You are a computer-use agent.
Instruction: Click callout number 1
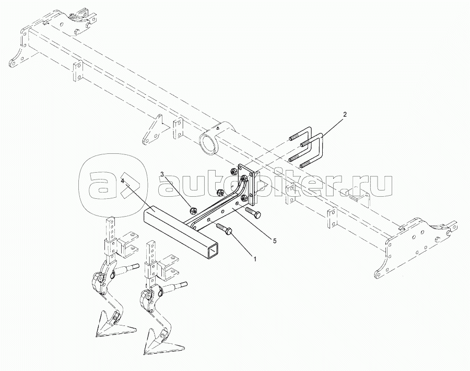click(x=254, y=258)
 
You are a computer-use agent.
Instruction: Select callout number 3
click(x=162, y=174)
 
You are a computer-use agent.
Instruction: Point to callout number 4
click(x=123, y=181)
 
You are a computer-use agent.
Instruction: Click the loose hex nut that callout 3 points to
click(x=192, y=211)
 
